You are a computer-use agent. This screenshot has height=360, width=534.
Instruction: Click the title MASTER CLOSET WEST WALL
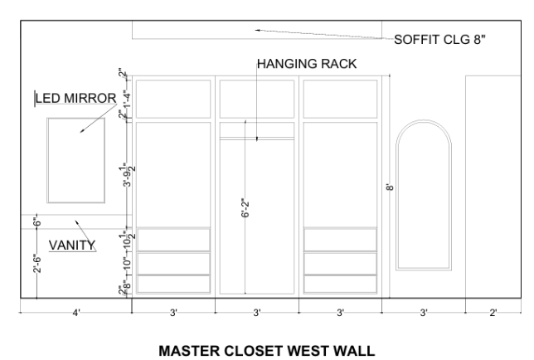point(267,351)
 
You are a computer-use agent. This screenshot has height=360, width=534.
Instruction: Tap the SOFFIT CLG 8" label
point(439,40)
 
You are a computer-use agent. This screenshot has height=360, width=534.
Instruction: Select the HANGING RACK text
point(307,64)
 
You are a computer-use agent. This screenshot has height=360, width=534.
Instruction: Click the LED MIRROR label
point(76,98)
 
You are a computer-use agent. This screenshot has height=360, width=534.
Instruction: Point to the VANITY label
point(72,246)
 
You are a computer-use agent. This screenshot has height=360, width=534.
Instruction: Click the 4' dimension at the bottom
point(76,313)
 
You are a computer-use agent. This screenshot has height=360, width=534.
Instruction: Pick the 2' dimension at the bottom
point(493,313)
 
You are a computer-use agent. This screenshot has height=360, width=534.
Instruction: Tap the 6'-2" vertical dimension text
point(245,207)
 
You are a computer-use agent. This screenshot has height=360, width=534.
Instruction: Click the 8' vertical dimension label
point(390,187)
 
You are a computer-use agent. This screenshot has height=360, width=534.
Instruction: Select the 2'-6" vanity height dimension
point(37,263)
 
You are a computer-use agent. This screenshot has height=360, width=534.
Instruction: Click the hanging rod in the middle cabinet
point(257,139)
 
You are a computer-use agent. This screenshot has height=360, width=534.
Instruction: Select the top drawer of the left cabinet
point(173,240)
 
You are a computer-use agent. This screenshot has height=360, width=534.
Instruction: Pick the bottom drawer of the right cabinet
point(340,284)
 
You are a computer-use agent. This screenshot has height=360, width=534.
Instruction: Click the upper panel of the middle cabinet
point(257,99)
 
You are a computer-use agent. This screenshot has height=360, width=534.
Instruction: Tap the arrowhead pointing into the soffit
point(258,31)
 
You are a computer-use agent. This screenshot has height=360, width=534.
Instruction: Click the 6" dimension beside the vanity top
point(37,222)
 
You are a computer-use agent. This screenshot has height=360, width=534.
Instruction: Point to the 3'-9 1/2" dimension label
point(128,175)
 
